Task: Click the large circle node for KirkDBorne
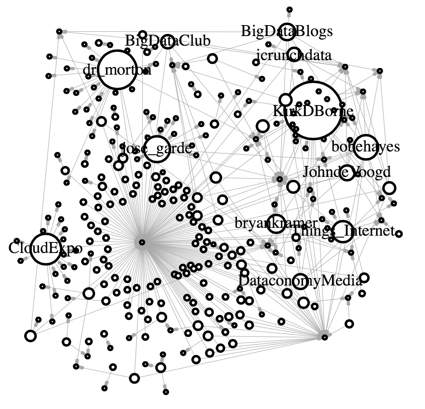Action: pos(313,110)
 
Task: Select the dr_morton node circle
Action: pos(117,70)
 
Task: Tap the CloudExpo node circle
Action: pos(45,249)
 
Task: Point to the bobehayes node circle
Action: pos(366,147)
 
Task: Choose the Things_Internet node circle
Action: pos(342,231)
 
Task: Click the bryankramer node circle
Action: pos(276,224)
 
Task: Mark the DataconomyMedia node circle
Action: pos(300,281)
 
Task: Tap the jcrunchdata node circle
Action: pos(294,54)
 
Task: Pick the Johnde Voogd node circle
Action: pos(347,173)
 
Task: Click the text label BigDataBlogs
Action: pos(287,31)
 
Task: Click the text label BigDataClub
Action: pos(168,41)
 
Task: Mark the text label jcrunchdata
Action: pos(294,55)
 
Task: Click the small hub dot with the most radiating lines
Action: pos(142,242)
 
